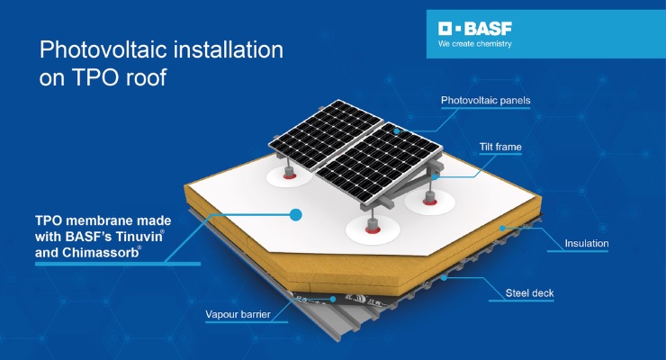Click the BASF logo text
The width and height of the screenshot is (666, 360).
pos(488,29)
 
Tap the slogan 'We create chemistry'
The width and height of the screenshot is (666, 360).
pos(475,44)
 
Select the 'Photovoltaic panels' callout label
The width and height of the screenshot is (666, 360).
pos(485,101)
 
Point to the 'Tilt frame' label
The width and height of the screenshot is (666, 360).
pos(500,147)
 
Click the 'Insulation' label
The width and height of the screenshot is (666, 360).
pos(587,243)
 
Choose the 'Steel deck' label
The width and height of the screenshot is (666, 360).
pos(530,292)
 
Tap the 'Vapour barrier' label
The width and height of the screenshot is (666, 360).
pos(238,314)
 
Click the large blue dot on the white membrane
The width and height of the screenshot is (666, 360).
pos(295,214)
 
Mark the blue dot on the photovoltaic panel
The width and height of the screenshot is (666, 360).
pos(397,131)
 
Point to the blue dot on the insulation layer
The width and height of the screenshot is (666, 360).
pos(502,228)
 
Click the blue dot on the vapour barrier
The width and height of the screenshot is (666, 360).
pos(333,300)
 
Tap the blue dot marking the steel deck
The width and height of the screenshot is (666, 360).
pos(444,277)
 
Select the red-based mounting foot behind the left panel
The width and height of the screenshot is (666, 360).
pos(290,173)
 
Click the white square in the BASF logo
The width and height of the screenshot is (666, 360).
pos(445,29)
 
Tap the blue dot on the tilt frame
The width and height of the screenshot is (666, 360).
pos(435,177)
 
